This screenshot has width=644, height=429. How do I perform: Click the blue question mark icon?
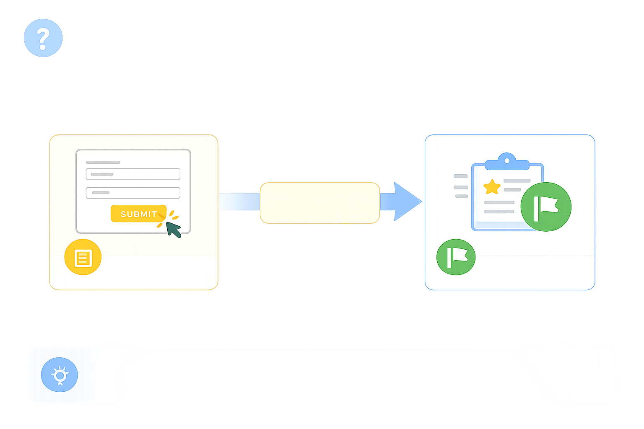point(43,38)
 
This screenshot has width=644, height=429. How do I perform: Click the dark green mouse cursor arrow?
point(173,229)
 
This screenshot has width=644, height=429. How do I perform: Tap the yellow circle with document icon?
point(83,257)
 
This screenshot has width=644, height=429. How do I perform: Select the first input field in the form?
point(133,174)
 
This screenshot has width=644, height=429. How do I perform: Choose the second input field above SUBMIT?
point(133,193)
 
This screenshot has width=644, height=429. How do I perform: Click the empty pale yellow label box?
point(319,203)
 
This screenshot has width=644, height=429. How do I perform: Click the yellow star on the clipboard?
point(492,187)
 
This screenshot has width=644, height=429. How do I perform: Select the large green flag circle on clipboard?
point(545,207)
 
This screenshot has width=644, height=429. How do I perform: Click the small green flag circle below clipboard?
point(456,257)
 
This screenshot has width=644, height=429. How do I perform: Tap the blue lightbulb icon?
point(60,375)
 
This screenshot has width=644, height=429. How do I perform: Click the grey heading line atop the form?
point(103,162)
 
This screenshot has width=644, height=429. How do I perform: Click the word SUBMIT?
point(138,214)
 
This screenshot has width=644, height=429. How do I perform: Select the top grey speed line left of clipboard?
point(460,176)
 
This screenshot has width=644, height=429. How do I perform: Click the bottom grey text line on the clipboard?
point(499,212)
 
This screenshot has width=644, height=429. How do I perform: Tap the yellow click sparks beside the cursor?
point(172,216)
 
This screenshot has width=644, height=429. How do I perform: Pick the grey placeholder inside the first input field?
point(102,174)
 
